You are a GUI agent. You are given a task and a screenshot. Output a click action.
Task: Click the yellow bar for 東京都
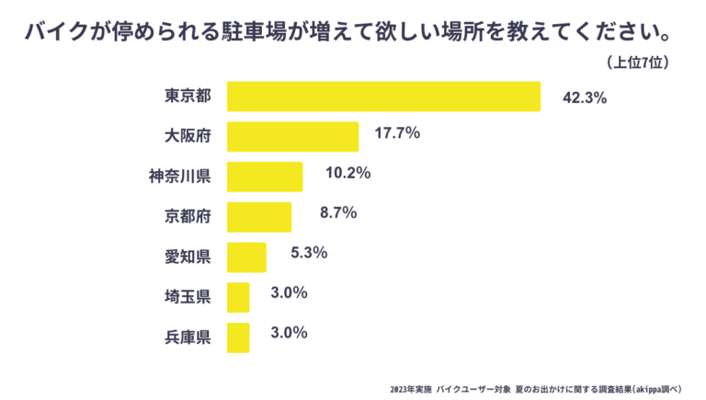[383, 97]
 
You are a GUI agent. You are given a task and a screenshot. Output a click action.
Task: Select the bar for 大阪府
[292, 136]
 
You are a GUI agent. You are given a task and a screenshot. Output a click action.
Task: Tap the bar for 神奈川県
[265, 177]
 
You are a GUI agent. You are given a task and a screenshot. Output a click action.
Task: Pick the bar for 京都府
[258, 217]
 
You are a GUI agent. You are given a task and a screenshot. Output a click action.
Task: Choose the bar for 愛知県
[246, 257]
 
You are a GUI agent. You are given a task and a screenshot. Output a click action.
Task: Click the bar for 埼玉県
[238, 297]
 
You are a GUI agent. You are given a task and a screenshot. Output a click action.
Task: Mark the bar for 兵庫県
[238, 337]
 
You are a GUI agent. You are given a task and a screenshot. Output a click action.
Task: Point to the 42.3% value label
[584, 97]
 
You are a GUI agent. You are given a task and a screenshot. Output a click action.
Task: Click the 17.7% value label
[397, 133]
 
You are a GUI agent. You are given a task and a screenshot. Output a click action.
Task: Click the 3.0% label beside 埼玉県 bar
[289, 293]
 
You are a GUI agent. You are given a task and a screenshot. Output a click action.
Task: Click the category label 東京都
[188, 97]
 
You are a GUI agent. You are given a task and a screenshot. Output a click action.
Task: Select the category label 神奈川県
[180, 177]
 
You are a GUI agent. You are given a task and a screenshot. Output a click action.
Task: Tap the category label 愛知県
[188, 257]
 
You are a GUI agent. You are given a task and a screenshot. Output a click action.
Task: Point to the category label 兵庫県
[188, 337]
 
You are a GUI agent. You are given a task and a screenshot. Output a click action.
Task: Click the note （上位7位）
[638, 63]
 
